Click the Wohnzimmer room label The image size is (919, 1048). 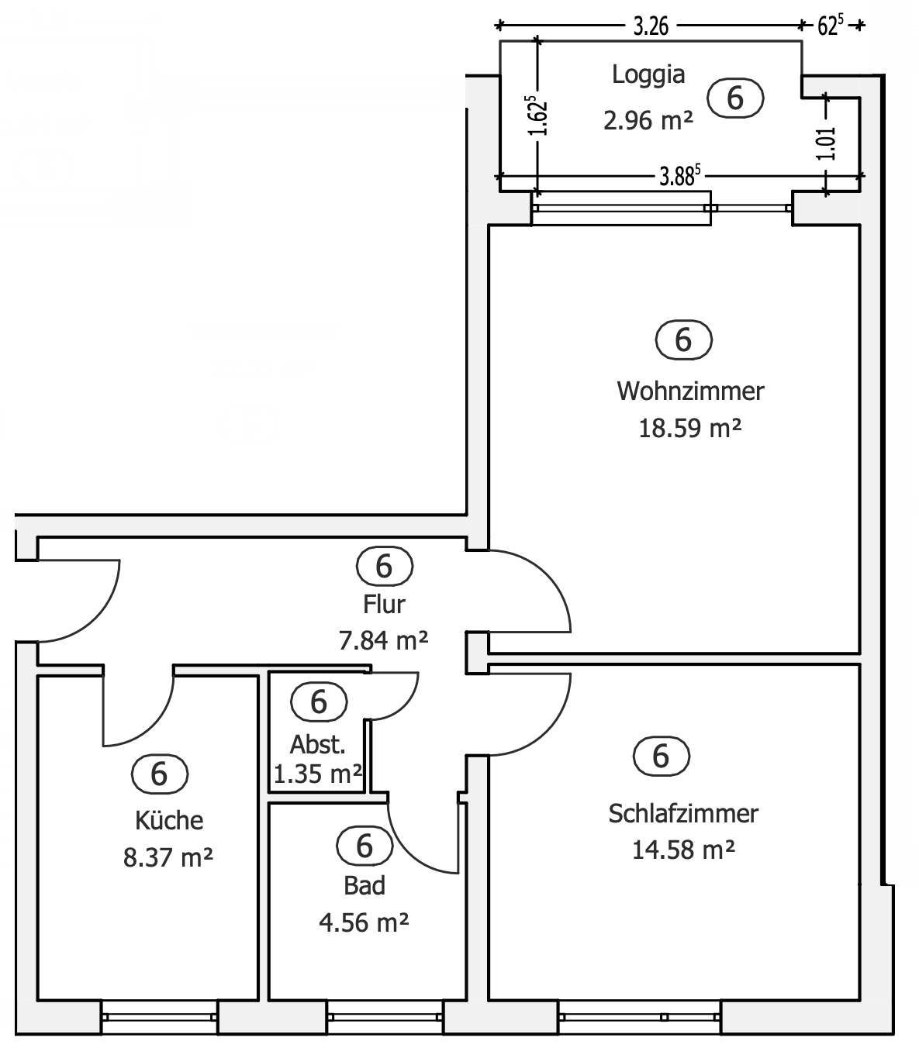(x=690, y=391)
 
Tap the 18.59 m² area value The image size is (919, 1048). (x=690, y=428)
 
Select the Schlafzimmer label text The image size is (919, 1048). (x=683, y=814)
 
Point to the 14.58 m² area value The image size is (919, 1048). (x=683, y=850)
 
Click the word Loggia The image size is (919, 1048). (x=648, y=75)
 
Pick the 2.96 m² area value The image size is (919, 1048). (x=648, y=120)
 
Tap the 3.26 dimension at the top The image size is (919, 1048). (x=651, y=26)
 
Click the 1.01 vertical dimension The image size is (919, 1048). (x=827, y=143)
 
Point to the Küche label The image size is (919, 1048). (x=169, y=820)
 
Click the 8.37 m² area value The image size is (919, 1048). (x=168, y=857)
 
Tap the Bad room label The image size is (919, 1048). (x=364, y=885)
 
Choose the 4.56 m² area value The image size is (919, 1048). (x=364, y=922)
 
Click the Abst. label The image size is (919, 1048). (x=318, y=745)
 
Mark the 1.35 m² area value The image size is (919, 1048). (x=318, y=774)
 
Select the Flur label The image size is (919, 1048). (x=384, y=603)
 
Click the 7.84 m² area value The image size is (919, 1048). (x=384, y=640)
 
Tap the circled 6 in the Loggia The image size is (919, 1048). (x=735, y=98)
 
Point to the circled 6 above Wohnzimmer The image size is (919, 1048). (x=683, y=340)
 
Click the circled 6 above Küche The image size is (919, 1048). (x=160, y=774)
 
